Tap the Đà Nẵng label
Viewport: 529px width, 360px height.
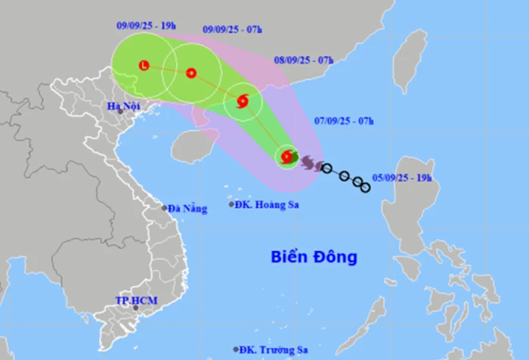click(x=187, y=209)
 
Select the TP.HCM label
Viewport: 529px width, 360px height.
click(x=130, y=300)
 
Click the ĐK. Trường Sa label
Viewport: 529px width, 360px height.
click(x=271, y=349)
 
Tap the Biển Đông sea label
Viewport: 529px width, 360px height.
click(x=314, y=257)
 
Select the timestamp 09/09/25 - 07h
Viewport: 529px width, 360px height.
click(x=233, y=29)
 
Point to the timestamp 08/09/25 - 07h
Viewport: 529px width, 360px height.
click(x=304, y=60)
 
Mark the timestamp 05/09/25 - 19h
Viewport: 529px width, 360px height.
click(x=403, y=178)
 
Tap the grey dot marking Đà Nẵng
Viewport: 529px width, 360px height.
click(x=164, y=208)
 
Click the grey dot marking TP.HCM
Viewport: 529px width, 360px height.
click(x=136, y=308)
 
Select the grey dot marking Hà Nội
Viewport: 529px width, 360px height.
click(x=119, y=112)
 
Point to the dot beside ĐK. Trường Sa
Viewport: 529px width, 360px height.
click(x=237, y=349)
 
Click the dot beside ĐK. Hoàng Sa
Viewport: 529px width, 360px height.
click(x=232, y=204)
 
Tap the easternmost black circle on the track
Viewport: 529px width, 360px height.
click(x=365, y=186)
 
